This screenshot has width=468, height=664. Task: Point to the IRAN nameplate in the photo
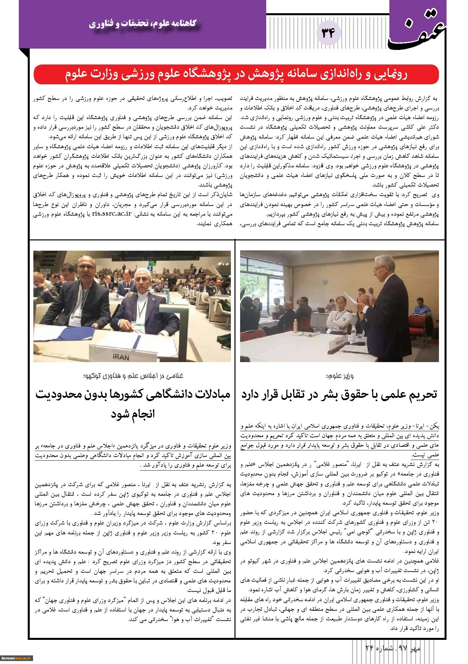122,357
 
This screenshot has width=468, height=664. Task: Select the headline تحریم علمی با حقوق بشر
340,394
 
